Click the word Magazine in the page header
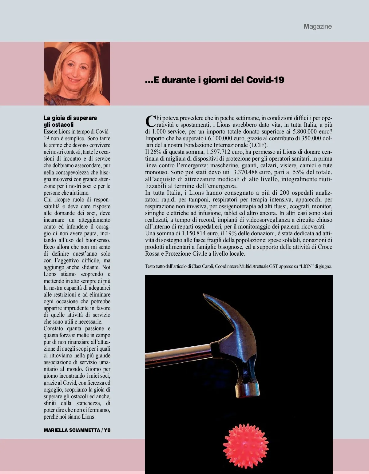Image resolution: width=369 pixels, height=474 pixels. [x=318, y=26]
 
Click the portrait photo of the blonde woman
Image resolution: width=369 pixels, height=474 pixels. [x=77, y=74]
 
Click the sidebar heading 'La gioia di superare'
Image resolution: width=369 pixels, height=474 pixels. [x=70, y=118]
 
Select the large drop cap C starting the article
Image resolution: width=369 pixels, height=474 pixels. [x=150, y=121]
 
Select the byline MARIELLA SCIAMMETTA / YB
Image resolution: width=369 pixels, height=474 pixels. [x=77, y=430]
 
